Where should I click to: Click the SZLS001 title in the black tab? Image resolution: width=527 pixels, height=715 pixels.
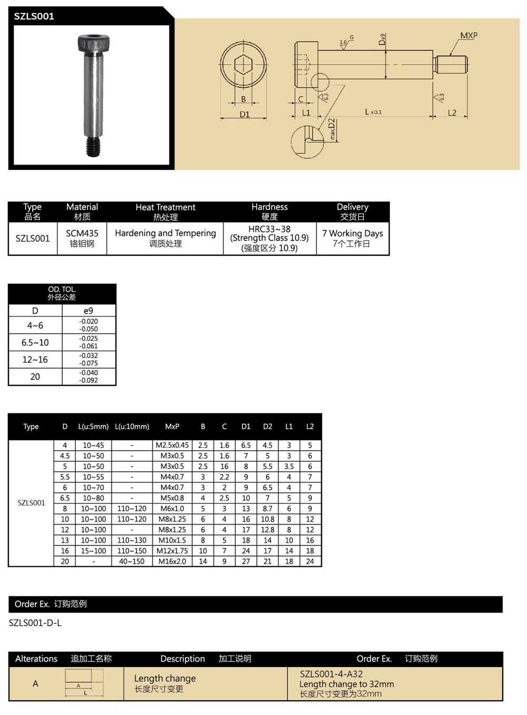[x=34, y=16]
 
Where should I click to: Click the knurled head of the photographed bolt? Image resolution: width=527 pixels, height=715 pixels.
[x=91, y=43]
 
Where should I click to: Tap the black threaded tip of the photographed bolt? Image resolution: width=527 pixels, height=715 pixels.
[x=93, y=147]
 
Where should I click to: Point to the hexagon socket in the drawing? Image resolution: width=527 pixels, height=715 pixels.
[x=243, y=65]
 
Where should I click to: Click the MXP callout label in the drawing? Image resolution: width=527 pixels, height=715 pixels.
[x=469, y=35]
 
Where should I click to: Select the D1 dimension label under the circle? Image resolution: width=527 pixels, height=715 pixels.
[x=245, y=114]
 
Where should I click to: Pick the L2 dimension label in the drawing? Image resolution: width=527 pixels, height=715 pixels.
[x=452, y=112]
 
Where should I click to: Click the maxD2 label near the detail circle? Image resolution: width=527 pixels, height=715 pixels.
[x=332, y=129]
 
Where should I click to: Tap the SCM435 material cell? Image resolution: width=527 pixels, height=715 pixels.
[x=82, y=233]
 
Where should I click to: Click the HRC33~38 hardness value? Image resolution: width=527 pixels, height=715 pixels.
[x=269, y=229]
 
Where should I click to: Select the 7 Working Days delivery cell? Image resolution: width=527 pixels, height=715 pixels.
[x=353, y=233]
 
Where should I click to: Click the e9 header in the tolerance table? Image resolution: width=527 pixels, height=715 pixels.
[x=89, y=311]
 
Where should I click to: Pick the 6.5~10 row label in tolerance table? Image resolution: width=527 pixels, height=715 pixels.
[x=35, y=342]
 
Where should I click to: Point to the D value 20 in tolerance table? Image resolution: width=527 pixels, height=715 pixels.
[x=35, y=376]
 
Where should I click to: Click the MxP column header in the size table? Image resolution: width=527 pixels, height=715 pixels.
[x=172, y=427]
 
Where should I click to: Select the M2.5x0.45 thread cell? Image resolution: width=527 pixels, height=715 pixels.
[x=172, y=445]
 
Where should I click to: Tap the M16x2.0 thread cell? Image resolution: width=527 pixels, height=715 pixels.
[x=172, y=561]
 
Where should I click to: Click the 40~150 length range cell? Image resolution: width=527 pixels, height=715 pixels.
[x=131, y=561]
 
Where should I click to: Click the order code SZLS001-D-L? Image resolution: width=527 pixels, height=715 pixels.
[x=35, y=623]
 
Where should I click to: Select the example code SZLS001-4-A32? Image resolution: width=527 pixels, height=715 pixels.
[x=331, y=674]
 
